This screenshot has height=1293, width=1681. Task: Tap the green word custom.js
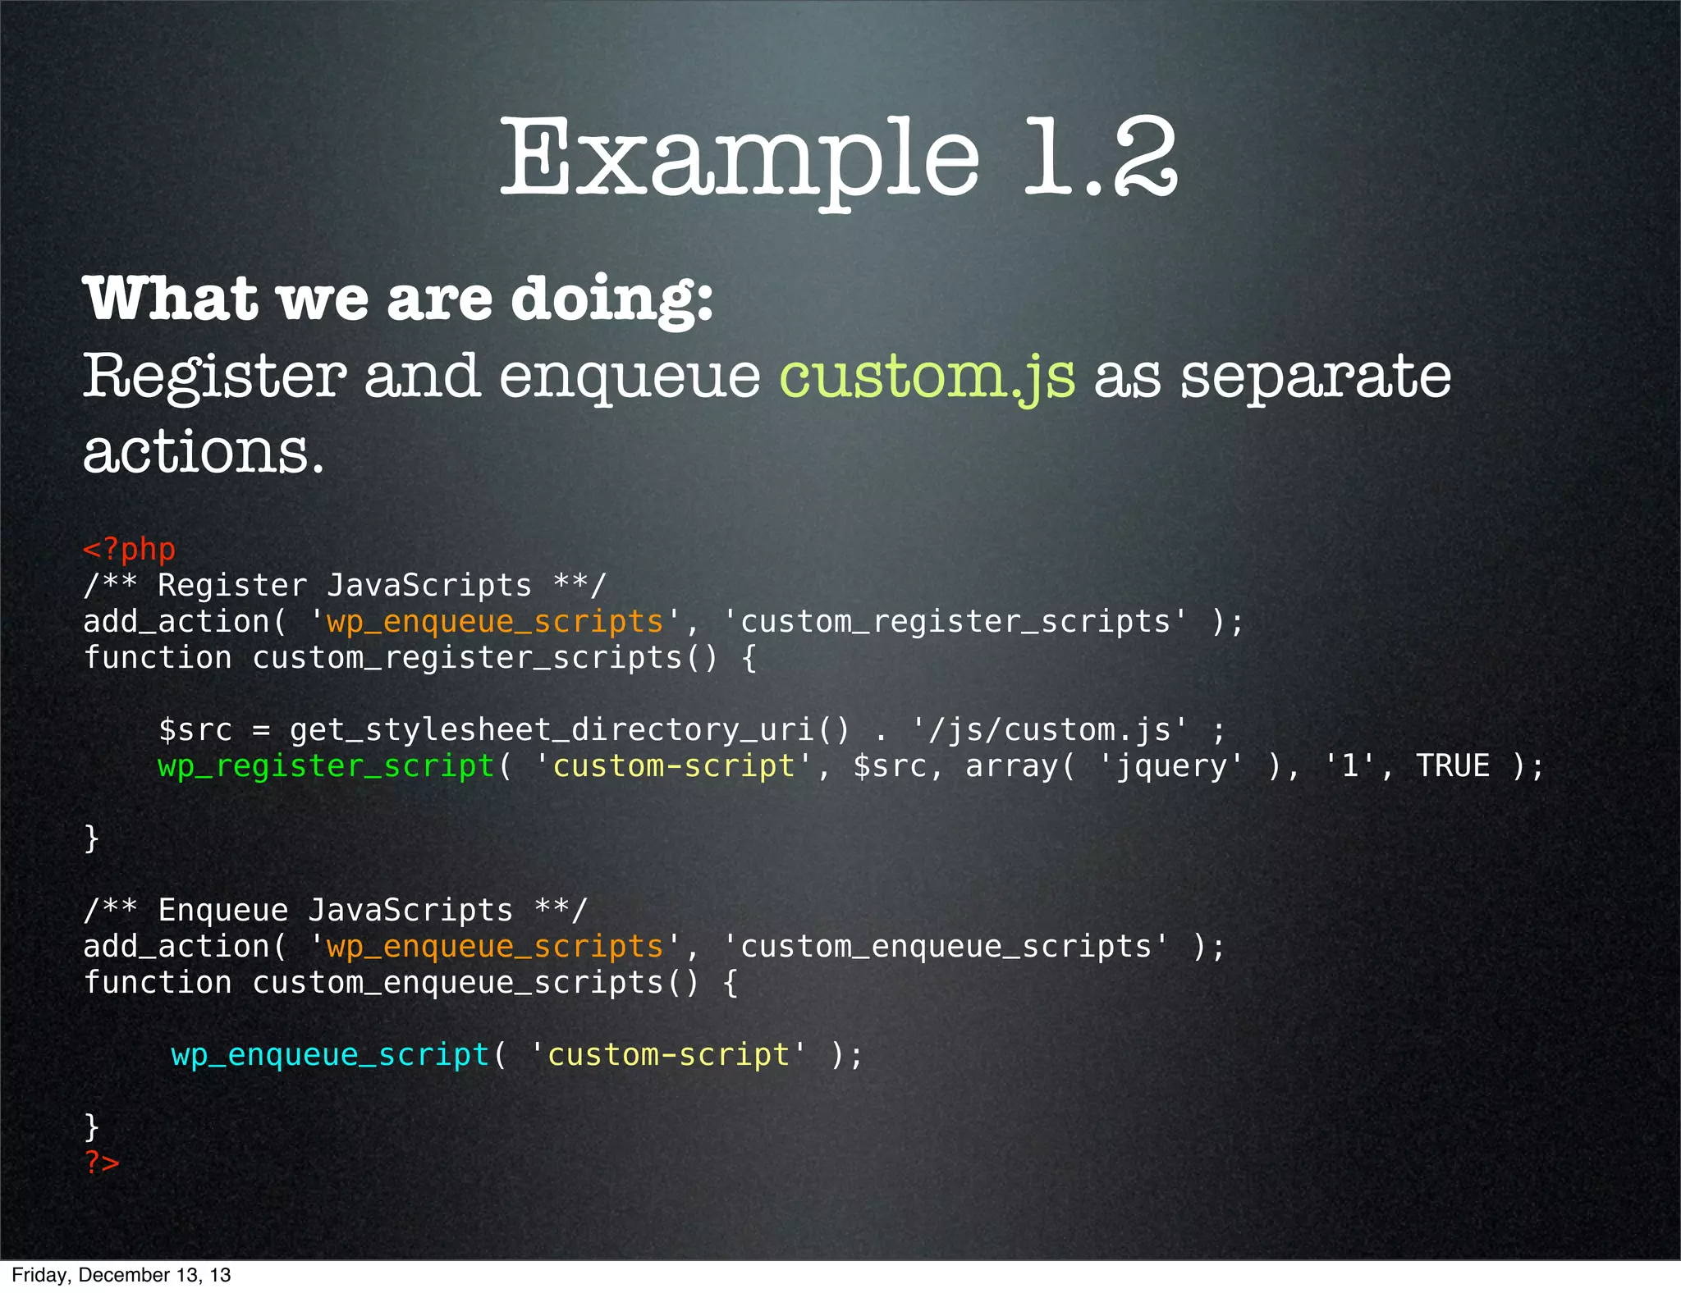927,377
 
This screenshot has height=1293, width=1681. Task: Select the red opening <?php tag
130,549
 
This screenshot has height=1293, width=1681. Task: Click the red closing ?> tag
102,1162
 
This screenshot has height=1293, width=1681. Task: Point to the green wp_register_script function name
326,766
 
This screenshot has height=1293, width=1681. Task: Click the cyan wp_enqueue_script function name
330,1054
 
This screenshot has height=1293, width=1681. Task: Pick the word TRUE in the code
1453,766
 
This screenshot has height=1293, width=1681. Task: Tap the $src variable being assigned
195,730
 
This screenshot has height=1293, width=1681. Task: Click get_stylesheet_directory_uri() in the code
570,730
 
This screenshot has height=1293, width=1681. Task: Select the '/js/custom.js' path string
1050,730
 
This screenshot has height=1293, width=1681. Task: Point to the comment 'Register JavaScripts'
345,586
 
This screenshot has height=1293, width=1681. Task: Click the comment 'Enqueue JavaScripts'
336,911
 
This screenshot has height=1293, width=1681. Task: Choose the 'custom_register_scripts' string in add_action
955,622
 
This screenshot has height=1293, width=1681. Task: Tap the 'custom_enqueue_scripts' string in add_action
946,947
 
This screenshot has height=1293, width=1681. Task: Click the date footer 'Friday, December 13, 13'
121,1275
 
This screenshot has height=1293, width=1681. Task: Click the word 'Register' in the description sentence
214,377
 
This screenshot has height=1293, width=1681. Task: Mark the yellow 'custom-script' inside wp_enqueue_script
668,1054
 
